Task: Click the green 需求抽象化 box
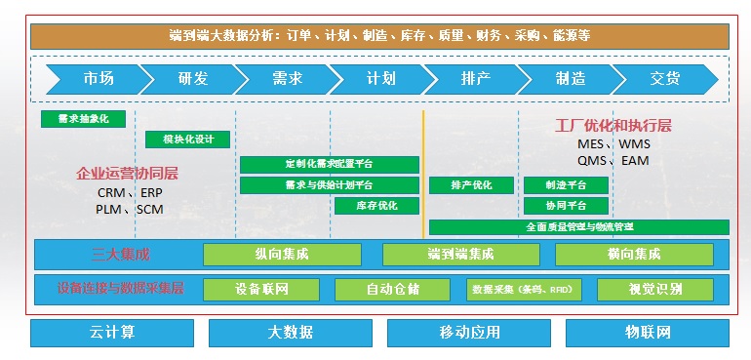click(x=83, y=119)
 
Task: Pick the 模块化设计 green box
click(x=187, y=140)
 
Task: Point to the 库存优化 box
click(x=375, y=206)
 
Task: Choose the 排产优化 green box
click(x=471, y=185)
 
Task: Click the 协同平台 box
click(x=566, y=206)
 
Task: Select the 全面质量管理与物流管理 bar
click(x=578, y=226)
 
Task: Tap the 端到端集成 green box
click(x=460, y=255)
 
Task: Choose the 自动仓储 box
click(x=393, y=290)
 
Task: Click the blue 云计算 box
click(x=111, y=333)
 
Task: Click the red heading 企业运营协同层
click(x=127, y=174)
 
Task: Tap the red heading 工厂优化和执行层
click(x=613, y=126)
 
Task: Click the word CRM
click(x=112, y=193)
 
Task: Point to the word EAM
click(x=635, y=161)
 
